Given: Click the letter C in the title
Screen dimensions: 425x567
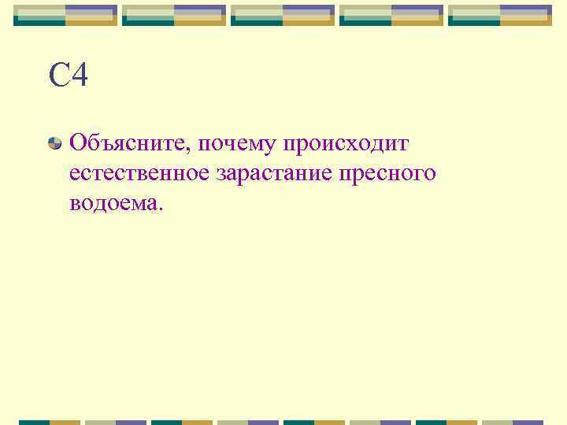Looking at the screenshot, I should click(59, 77).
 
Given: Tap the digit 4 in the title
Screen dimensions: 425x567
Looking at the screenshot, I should click(79, 77).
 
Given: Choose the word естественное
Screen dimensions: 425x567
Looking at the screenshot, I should click(139, 174).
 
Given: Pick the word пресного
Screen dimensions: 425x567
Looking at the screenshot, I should click(386, 176).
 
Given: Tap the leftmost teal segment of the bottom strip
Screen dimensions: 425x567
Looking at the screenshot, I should click(34, 422).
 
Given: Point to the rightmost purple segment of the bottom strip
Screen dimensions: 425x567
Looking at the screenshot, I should click(528, 422).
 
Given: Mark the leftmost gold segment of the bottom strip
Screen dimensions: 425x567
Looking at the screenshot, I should click(65, 422).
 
